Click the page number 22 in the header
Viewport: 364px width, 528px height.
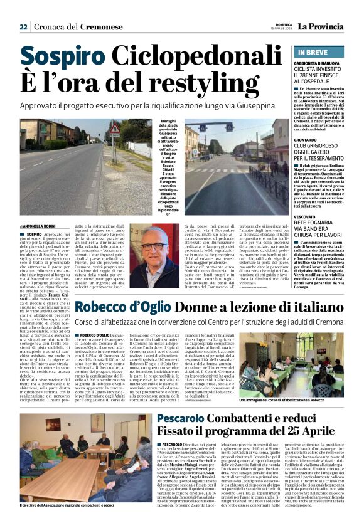(23, 27)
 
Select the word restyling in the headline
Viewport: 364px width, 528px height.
(199, 86)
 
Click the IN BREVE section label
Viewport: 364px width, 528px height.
(313, 53)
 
